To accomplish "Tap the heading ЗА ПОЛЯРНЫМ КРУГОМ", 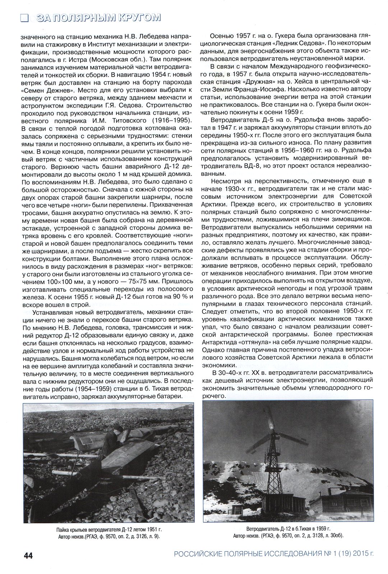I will tap(97, 18).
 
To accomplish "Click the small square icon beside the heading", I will tap(24, 18).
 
